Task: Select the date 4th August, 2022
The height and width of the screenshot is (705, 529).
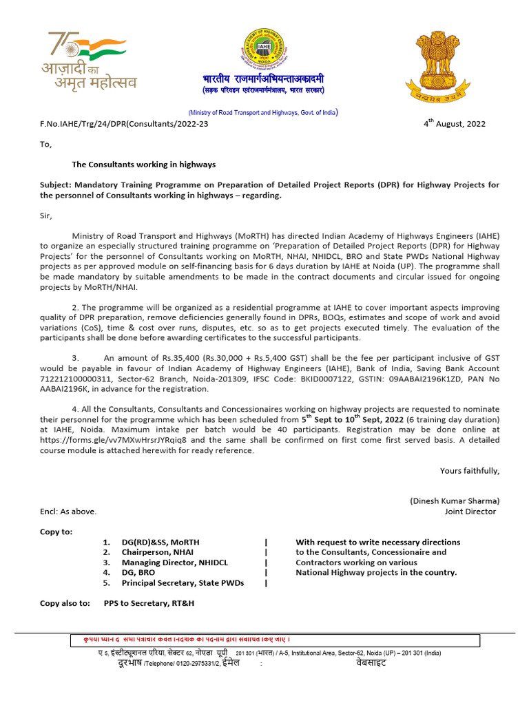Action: [454, 124]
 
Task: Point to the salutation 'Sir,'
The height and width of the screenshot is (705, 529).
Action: [46, 215]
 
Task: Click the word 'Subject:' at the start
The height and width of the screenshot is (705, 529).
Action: [57, 185]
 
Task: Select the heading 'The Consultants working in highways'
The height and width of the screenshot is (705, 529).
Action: [144, 165]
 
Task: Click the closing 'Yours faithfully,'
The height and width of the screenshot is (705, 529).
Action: [470, 471]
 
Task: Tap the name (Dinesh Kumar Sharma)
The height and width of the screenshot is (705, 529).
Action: [455, 501]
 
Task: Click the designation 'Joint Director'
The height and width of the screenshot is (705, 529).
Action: [470, 512]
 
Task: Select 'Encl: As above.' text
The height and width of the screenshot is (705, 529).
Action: [68, 512]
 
